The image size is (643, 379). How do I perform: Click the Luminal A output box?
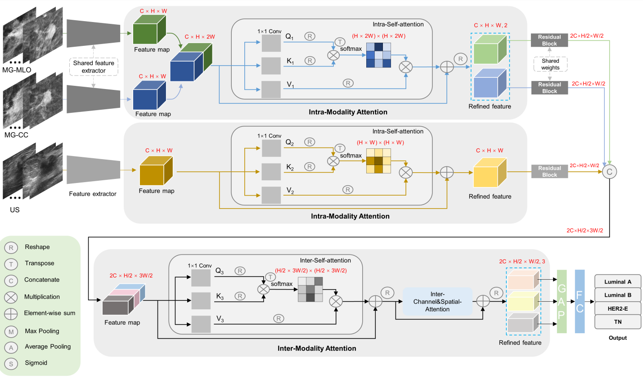tap(617, 281)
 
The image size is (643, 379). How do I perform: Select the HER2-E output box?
tap(617, 308)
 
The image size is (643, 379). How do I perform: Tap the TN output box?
tap(617, 322)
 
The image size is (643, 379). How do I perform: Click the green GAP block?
tap(562, 301)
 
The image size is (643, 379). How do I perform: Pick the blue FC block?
tap(580, 301)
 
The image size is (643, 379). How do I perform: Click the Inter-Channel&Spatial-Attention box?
tap(437, 301)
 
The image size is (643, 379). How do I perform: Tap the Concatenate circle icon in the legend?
tap(11, 281)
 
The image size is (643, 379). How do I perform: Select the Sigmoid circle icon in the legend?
tap(11, 364)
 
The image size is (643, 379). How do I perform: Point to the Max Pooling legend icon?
tap(11, 332)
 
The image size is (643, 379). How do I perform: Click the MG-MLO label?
tap(17, 70)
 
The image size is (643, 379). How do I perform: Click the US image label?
tap(15, 210)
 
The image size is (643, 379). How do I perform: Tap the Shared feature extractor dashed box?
tap(94, 67)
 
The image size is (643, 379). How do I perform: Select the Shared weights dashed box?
tap(550, 64)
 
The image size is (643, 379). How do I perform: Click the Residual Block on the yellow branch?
tap(549, 171)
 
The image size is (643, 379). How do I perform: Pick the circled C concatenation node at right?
tap(609, 172)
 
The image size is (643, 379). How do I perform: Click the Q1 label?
tap(289, 36)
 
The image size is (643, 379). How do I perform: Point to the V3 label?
tap(220, 319)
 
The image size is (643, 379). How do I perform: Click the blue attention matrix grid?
tap(378, 55)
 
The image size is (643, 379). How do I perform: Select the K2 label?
tap(290, 167)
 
